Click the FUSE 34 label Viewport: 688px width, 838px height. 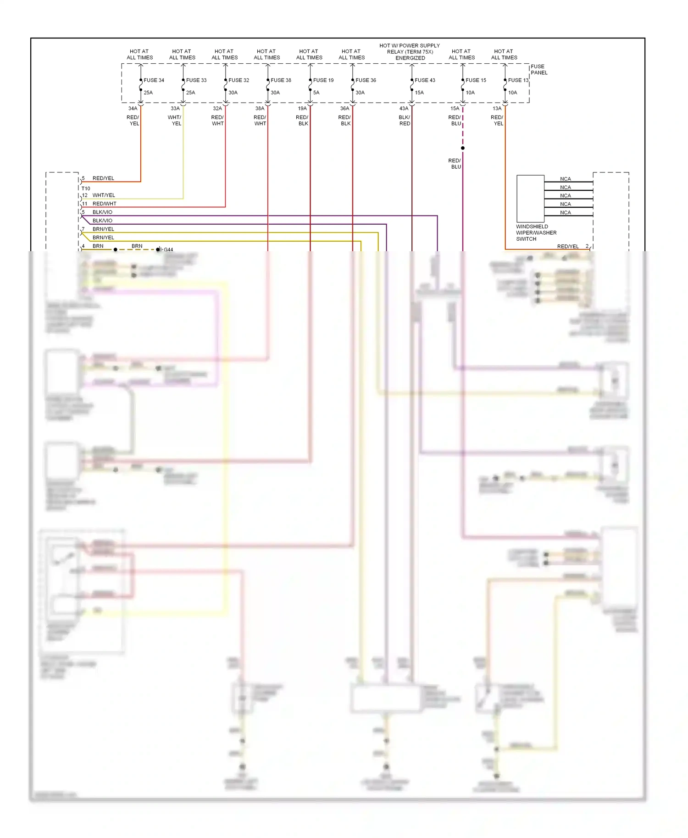tap(154, 80)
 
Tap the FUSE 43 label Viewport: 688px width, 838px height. tap(425, 80)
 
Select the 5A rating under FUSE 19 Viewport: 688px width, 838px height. tap(316, 93)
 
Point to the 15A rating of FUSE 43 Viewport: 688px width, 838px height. tap(419, 93)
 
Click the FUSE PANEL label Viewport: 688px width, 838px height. tap(539, 70)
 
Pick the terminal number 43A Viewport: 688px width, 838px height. tap(404, 109)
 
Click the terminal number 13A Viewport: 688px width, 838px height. tap(497, 109)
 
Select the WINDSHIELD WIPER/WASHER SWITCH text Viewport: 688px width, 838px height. tap(536, 233)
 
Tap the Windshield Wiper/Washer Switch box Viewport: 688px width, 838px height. tap(530, 198)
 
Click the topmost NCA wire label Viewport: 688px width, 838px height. tap(565, 179)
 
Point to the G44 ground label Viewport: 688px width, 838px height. tap(168, 250)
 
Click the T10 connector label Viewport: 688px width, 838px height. tap(86, 188)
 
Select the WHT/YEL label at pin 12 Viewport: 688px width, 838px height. tap(104, 195)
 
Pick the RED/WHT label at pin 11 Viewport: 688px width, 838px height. tap(104, 204)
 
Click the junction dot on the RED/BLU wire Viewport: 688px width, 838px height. tap(462, 148)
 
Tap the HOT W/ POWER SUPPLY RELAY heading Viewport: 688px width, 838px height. tap(410, 52)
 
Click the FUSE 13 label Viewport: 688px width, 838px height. tap(518, 80)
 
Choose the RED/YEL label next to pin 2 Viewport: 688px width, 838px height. tap(567, 247)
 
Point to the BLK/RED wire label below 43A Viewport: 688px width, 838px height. tap(404, 121)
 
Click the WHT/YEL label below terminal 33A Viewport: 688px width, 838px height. tap(175, 121)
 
